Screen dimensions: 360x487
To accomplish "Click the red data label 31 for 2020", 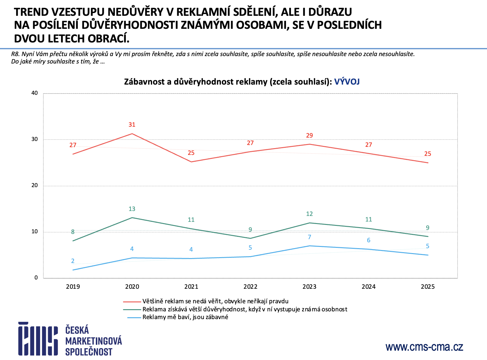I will coord(132,125).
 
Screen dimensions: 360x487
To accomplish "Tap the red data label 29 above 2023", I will coord(309,135).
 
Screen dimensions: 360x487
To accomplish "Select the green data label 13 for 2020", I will coord(132,209).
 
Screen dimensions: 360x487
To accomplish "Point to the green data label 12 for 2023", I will coord(309,214).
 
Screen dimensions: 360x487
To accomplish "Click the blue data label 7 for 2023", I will coord(309,237).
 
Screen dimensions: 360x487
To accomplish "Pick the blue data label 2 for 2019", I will coord(73,261).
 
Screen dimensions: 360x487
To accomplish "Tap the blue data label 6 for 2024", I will coord(369,240).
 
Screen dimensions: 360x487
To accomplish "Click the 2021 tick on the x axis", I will coord(191,287).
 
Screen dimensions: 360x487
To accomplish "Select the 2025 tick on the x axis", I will coord(428,287).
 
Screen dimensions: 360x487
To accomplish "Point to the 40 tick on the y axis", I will coord(34,93).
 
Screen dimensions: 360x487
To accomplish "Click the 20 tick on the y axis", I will coord(34,185).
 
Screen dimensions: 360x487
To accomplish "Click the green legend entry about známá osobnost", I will coord(245,309).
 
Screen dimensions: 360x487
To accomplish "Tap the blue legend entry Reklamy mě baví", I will coord(185,317).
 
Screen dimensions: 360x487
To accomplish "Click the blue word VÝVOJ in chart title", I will coord(347,82).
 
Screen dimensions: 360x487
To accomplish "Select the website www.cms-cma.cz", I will coord(424,347).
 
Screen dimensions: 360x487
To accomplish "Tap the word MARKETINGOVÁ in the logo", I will coord(94,341).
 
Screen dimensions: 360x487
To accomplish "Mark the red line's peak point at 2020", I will coord(132,134).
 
